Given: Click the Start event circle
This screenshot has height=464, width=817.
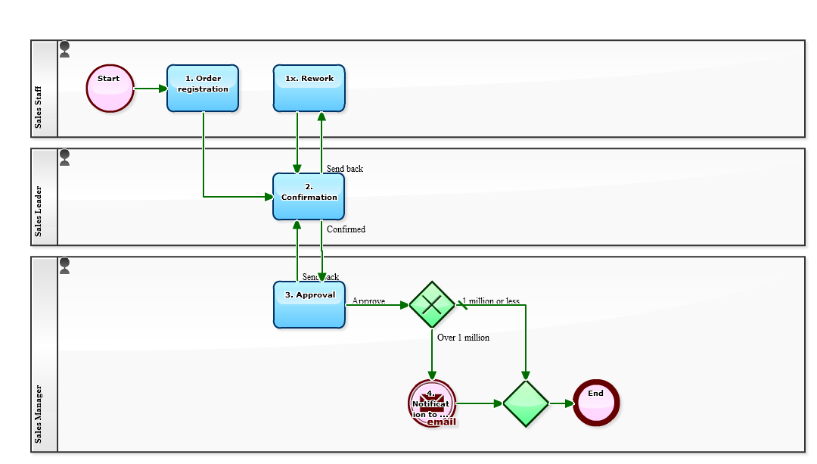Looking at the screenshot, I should [x=110, y=89].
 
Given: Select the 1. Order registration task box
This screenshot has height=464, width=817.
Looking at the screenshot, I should [x=203, y=89].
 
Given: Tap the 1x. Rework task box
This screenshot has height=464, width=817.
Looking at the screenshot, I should [x=309, y=89].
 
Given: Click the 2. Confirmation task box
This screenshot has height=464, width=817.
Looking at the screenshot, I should [x=309, y=197].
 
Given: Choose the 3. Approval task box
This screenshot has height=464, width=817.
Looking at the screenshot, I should [x=309, y=305].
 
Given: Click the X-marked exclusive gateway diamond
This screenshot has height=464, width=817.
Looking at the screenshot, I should [x=432, y=304].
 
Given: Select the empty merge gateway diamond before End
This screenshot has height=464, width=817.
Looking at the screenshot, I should [x=525, y=403].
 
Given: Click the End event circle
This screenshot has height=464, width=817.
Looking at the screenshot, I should [x=596, y=403].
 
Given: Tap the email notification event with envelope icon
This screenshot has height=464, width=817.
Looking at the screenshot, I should [x=432, y=403].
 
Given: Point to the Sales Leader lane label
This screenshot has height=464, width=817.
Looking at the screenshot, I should [x=39, y=211].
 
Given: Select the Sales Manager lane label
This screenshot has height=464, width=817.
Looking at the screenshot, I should [x=39, y=415].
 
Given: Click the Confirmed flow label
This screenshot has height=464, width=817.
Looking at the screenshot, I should [x=346, y=229].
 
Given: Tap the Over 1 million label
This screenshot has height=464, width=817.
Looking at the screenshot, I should [x=463, y=338].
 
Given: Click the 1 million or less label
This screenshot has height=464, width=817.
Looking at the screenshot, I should [x=491, y=301].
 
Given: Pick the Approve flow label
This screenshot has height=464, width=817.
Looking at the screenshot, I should [x=368, y=301].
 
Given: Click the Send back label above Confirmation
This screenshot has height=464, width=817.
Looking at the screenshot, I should [x=344, y=169].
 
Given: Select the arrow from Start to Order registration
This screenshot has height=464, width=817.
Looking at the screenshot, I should [x=151, y=89].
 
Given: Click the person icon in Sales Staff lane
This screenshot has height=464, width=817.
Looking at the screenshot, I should [x=65, y=50].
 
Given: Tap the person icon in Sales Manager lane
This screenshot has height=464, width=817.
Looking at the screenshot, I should [x=65, y=266].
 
